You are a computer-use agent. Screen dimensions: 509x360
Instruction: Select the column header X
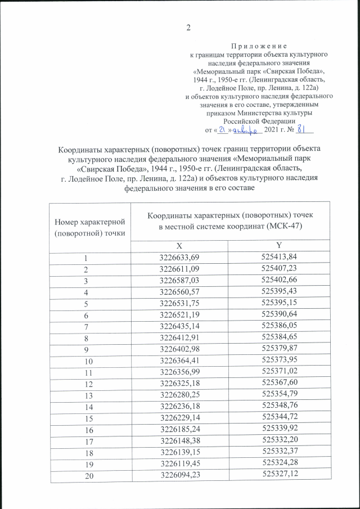(179, 245)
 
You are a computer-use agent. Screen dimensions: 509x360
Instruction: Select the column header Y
(278, 245)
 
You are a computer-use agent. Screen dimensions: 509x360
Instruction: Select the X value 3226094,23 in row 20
(179, 478)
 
